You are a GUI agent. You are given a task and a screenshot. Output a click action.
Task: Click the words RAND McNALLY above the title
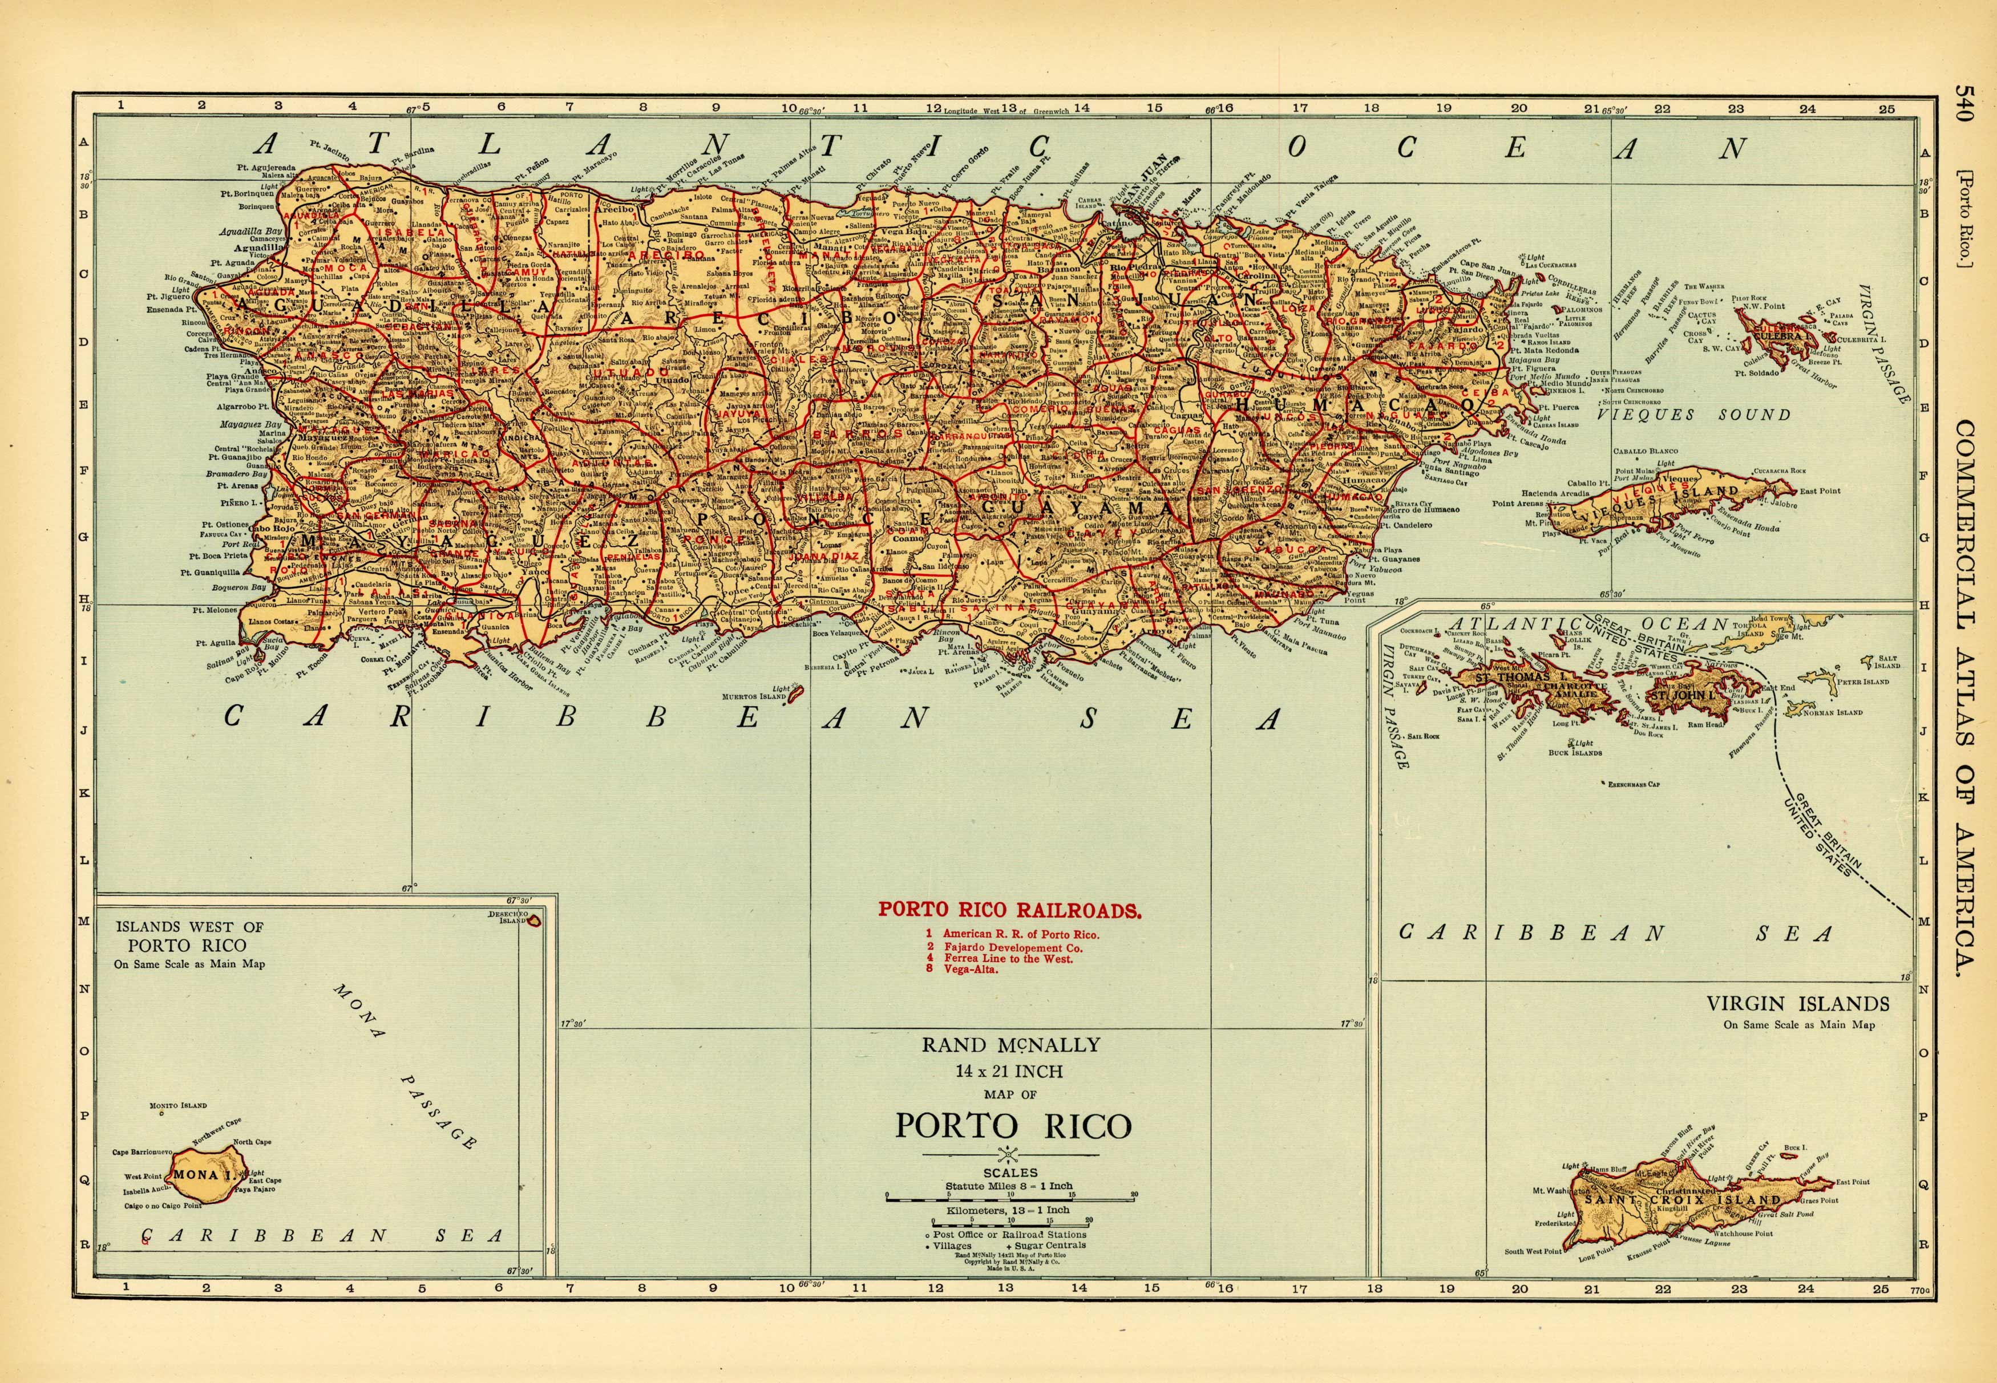[x=1010, y=1045]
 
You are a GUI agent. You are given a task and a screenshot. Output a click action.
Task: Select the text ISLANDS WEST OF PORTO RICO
[x=189, y=936]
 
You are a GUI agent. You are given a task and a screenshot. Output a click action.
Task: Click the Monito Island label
[x=177, y=1106]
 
